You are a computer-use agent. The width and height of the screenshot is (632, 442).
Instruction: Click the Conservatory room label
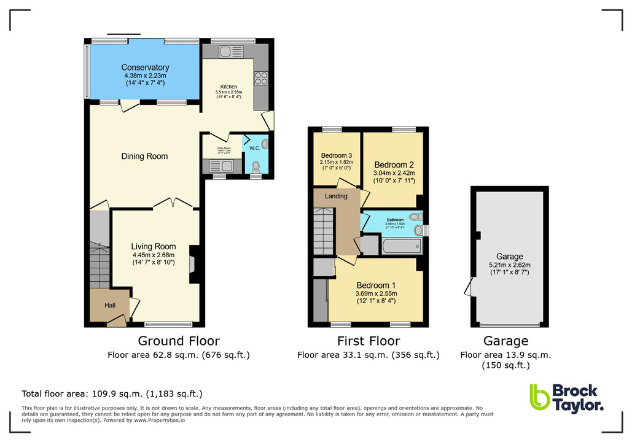[x=145, y=68]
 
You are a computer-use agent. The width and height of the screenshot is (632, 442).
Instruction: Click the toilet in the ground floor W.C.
[x=256, y=166]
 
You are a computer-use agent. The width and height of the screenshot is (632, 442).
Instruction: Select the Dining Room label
[x=144, y=157]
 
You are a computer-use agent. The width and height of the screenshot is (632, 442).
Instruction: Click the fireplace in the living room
[x=193, y=264]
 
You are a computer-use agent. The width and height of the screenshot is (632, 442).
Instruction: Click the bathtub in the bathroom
[x=402, y=246]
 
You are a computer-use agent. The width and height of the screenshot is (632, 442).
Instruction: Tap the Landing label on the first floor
[x=336, y=196]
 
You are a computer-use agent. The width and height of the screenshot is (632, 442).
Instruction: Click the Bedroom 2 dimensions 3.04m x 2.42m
[x=394, y=174]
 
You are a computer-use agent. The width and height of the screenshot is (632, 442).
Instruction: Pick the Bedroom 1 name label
[x=376, y=285]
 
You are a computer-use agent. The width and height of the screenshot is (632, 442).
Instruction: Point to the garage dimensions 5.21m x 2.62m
[x=509, y=265]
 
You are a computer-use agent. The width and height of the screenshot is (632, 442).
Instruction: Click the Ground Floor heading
[x=178, y=341]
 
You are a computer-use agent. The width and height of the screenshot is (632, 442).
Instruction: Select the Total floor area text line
[x=112, y=394]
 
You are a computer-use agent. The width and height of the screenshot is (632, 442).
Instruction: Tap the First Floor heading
[x=368, y=341]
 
